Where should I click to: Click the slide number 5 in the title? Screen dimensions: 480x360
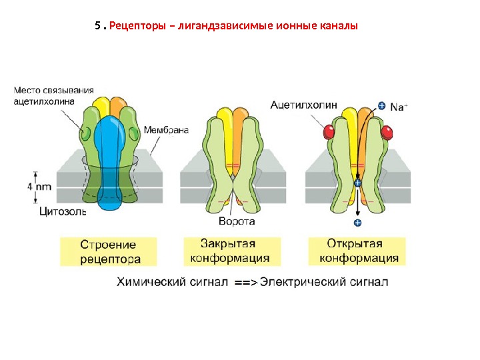coord(97,27)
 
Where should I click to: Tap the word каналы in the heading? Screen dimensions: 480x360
coord(339,27)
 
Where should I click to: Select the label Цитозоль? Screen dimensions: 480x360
coord(63,212)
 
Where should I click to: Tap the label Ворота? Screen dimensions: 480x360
coord(237,221)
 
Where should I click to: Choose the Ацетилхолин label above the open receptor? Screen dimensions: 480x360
coord(304,104)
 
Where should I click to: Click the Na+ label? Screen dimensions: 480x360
coord(399,105)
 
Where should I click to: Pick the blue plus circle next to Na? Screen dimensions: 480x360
coord(381,105)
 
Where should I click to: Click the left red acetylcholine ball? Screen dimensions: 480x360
coord(328,132)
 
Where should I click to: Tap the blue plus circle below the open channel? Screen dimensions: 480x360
coord(357,223)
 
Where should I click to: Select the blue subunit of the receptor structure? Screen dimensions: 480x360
coord(110,160)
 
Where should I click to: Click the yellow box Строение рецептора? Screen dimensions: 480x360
coord(109,251)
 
